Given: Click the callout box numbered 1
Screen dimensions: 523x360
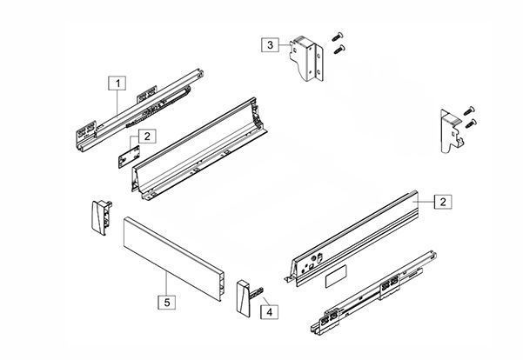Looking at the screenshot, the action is click(117, 83).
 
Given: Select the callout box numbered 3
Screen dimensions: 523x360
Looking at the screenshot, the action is click(270, 44).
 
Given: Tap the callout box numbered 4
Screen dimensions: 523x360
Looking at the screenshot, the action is click(269, 312).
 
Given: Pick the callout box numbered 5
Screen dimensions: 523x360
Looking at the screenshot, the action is click(167, 302).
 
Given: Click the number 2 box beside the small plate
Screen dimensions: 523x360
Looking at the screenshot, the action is click(147, 136).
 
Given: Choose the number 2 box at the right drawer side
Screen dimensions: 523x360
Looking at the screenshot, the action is click(443, 202).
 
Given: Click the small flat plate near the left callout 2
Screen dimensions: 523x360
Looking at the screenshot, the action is click(129, 157).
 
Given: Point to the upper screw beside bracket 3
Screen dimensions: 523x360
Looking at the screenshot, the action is click(338, 37).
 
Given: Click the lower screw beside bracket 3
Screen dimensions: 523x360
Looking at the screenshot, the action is click(339, 50).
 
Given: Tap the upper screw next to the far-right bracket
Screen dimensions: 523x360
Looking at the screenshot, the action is click(470, 110).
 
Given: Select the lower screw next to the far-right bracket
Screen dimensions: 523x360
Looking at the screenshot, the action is click(471, 123).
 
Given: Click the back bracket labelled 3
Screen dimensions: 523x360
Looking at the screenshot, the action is click(306, 57).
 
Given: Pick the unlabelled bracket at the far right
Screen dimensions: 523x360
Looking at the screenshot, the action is click(452, 131).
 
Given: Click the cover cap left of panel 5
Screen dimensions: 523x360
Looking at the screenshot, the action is click(102, 217).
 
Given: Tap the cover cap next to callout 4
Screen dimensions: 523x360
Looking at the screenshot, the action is click(245, 297).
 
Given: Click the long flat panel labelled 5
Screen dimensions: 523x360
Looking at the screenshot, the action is click(174, 258).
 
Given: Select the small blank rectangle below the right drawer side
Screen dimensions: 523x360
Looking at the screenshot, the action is click(336, 276).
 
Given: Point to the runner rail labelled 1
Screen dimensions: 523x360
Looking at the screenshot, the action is click(139, 110).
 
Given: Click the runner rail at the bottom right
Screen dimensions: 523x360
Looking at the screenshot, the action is click(373, 293).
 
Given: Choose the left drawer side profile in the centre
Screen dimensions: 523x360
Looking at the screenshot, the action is click(199, 149).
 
